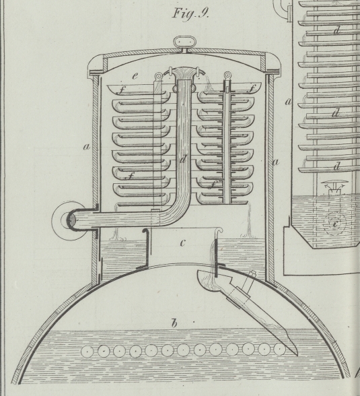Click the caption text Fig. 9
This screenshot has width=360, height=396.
tap(190, 13)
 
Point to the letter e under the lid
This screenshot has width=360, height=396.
tap(135, 75)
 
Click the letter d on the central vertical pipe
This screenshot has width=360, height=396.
tap(184, 159)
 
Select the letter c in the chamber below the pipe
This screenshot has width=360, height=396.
tap(183, 243)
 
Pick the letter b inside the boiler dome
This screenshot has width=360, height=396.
tap(174, 323)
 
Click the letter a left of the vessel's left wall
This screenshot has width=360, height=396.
tap(87, 147)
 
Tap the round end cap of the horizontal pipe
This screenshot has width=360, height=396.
tap(71, 220)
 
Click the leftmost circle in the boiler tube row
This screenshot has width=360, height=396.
tap(87, 352)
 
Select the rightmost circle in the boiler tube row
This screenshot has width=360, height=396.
tap(279, 350)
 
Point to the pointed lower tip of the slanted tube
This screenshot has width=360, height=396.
tap(297, 355)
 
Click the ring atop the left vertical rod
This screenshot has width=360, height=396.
tap(159, 75)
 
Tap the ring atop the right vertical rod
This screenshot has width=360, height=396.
tap(227, 75)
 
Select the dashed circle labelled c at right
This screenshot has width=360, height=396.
tap(335, 224)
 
